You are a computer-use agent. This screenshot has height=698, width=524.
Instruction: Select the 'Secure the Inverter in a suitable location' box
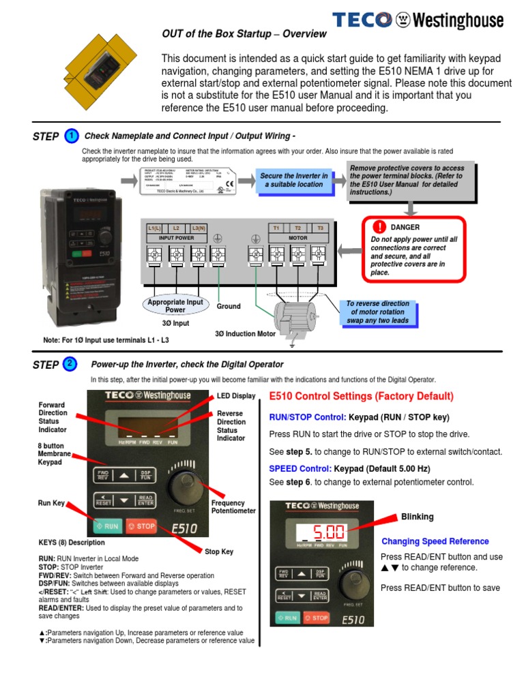[x=294, y=180]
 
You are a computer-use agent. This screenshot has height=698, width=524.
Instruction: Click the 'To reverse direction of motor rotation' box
[x=377, y=312]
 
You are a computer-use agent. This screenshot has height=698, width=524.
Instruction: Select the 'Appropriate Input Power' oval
[x=175, y=305]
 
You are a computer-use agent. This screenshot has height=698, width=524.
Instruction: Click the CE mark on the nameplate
[x=231, y=182]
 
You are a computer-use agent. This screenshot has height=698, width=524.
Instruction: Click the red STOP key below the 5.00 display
[x=316, y=618]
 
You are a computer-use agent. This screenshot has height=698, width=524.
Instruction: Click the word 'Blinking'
[x=417, y=517]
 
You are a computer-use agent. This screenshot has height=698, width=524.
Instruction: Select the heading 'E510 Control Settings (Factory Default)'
[x=361, y=397]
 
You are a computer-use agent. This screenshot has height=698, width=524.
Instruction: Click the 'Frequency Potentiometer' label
[x=233, y=506]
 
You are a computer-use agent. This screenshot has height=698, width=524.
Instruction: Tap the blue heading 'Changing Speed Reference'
[x=435, y=541]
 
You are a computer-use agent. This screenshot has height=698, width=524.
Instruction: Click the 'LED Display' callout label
[x=236, y=396]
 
